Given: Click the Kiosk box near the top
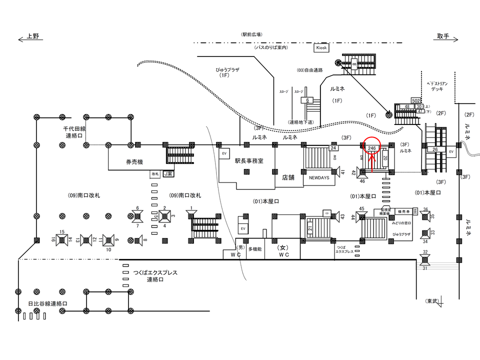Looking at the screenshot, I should click(x=321, y=48).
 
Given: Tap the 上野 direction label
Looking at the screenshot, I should click(x=33, y=36).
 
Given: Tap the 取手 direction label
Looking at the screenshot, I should click(x=443, y=36).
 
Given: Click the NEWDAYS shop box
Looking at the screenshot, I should click(x=318, y=178).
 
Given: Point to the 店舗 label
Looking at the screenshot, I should click(x=288, y=176).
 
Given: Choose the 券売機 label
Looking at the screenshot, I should click(x=134, y=162).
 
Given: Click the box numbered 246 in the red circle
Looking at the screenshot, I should click(x=372, y=148).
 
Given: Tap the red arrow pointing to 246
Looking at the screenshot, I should click(x=372, y=161).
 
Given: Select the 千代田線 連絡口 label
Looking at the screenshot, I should click(x=76, y=132).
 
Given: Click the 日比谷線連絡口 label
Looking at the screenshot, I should click(x=47, y=303).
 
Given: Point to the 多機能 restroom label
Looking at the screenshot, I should click(x=255, y=248).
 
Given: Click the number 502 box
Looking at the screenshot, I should click(x=415, y=101).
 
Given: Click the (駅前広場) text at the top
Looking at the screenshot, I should click(x=251, y=34).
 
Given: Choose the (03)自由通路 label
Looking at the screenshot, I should click(x=309, y=70).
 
